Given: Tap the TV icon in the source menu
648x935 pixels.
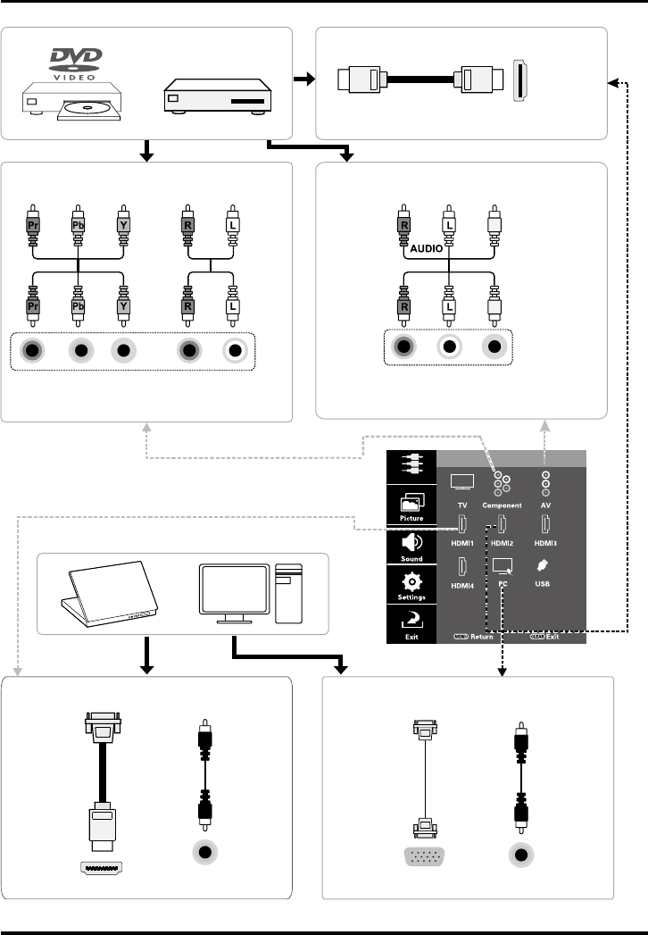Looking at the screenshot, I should [462, 482].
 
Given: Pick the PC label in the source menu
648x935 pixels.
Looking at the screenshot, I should [503, 584].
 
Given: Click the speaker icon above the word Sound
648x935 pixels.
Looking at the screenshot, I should [411, 542].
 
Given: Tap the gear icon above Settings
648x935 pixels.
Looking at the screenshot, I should [411, 580].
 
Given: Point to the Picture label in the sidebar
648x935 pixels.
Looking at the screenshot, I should [411, 517].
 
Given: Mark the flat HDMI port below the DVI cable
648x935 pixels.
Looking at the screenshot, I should [103, 866].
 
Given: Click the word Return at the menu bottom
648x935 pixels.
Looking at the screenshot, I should [483, 638].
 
